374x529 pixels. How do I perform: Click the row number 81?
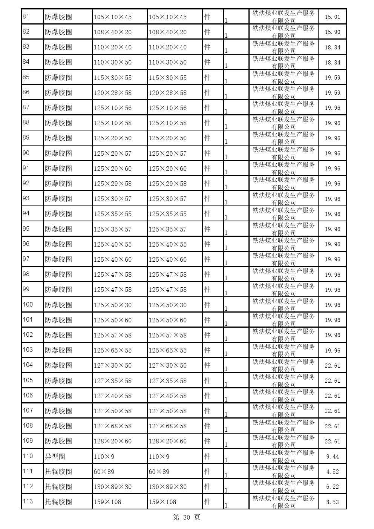[x=26, y=17]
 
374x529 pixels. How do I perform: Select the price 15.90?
[x=332, y=32]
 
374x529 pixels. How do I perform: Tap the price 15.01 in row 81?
[x=332, y=17]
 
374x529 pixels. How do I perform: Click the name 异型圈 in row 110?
[x=55, y=456]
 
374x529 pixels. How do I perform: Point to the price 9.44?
[x=332, y=456]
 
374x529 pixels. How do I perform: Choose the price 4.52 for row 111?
[x=332, y=471]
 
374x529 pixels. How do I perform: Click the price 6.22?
[x=332, y=486]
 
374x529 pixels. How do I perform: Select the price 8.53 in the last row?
[x=332, y=502]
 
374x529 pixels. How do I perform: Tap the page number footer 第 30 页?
[x=187, y=517]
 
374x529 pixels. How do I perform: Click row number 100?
[x=28, y=304]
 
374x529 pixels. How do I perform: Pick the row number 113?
[x=28, y=501]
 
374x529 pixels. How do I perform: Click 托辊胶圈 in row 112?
[x=58, y=486]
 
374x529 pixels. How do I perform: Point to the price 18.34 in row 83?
[x=332, y=47]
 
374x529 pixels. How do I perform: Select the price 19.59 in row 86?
[x=332, y=93]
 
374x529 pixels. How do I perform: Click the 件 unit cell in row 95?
[x=207, y=229]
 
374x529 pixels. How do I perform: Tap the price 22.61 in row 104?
[x=332, y=365]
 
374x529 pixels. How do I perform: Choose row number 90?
[x=26, y=153]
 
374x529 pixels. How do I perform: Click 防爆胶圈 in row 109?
[x=58, y=441]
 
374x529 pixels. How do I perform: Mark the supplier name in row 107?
[x=284, y=411]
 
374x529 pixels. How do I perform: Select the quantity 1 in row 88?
[x=226, y=127]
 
